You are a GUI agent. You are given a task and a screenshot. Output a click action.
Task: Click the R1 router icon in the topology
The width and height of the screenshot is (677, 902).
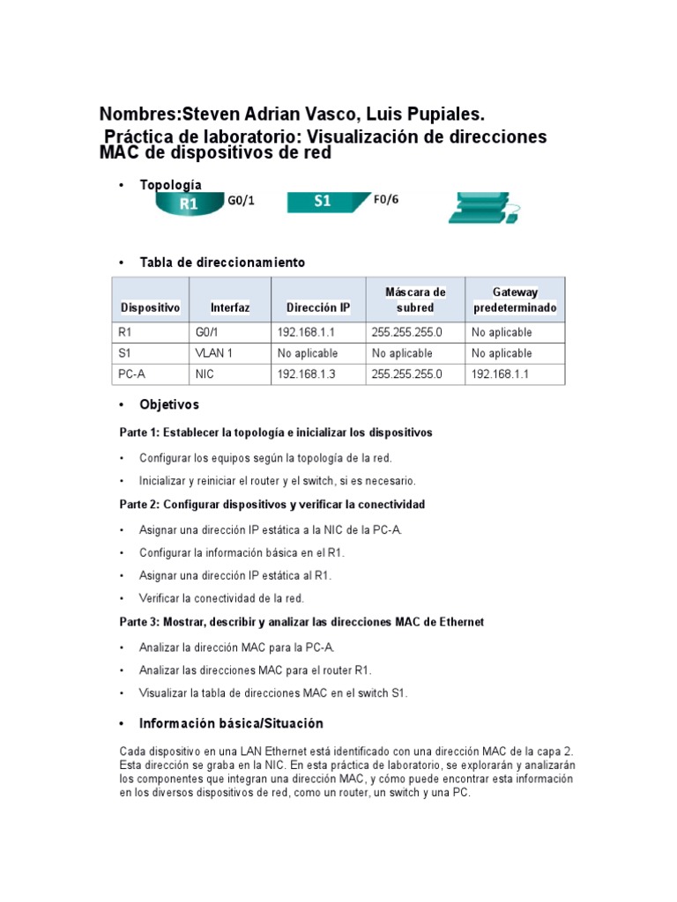coord(188,203)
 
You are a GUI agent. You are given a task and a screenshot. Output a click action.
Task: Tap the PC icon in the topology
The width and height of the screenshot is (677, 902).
coord(483,208)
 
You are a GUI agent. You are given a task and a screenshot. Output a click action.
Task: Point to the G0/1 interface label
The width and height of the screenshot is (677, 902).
coord(241,201)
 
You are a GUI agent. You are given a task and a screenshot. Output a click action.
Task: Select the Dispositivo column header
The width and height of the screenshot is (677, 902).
coord(150,307)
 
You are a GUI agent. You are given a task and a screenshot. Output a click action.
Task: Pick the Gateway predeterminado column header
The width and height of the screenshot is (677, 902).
coord(514,299)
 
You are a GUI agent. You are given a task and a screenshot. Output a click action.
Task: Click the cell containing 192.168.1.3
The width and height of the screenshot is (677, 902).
coord(308,373)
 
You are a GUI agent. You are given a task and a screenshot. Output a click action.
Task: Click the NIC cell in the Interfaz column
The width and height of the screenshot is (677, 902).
coord(205,373)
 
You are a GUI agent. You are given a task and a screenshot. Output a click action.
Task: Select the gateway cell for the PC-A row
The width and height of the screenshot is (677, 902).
coord(502,373)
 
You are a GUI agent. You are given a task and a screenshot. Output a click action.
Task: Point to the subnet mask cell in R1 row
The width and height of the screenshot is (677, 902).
coord(406,332)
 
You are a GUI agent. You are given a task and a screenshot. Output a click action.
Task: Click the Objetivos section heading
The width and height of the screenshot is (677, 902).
coord(169,405)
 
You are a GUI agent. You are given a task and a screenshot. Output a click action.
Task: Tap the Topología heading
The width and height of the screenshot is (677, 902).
coord(170,185)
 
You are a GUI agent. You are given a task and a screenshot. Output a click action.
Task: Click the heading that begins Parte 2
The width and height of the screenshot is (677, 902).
coord(272,505)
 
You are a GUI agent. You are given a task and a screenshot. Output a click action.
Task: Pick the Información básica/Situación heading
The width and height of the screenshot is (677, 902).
coord(231,723)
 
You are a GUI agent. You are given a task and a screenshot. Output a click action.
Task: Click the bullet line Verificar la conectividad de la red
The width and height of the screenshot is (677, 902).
coord(221,598)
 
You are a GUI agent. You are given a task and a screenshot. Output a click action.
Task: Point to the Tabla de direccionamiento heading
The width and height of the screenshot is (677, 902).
coord(222,262)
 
